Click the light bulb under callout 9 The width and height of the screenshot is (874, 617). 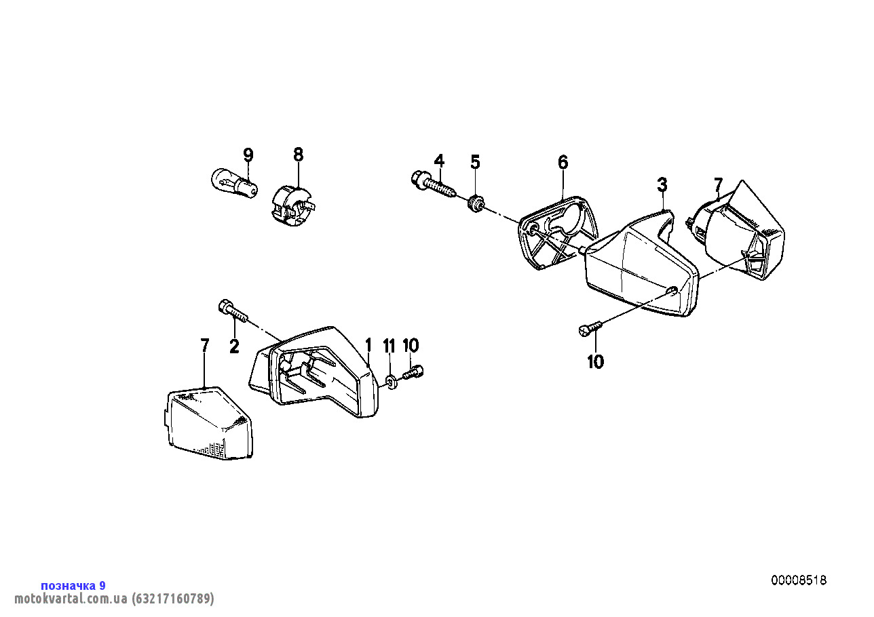point(234,184)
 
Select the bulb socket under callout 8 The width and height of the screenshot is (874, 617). point(293,207)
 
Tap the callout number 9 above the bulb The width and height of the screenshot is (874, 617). point(248,155)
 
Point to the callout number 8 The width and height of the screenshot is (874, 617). point(298,155)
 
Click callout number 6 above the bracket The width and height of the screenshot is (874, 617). point(563,162)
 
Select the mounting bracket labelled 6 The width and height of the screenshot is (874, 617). point(558,233)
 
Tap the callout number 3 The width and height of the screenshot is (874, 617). point(662,184)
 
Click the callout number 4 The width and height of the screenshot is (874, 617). point(439,161)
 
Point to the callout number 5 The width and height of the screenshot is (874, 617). point(475,162)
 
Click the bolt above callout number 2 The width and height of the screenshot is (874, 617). point(233,311)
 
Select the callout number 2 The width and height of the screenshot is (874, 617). point(234,346)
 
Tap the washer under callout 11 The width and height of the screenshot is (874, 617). point(391,382)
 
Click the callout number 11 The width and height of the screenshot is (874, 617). point(389,346)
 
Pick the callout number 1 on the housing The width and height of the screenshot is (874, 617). point(368,345)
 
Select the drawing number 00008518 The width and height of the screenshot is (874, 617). point(799,580)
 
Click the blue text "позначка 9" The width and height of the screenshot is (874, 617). point(73,585)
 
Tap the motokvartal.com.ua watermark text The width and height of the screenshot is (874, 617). point(114,598)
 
